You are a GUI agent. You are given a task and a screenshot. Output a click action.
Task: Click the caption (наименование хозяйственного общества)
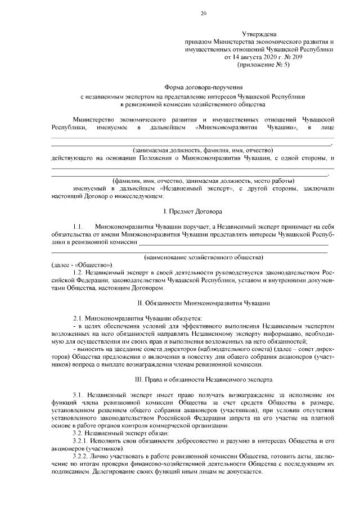click(204, 256)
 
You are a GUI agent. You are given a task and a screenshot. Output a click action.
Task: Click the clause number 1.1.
click(79, 226)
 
